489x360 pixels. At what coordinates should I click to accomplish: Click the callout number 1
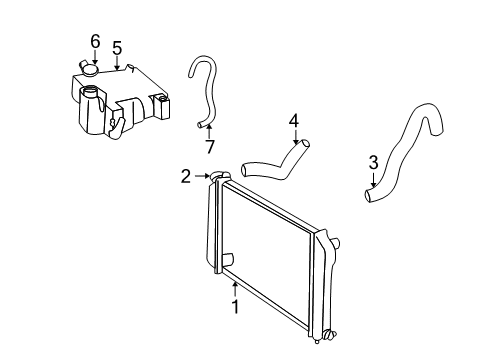[x=235, y=307]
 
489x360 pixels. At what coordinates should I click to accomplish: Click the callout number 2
[x=186, y=177]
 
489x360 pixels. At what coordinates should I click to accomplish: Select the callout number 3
[x=373, y=161]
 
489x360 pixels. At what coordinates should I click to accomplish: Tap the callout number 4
[x=294, y=121]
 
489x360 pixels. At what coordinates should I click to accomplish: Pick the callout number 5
[x=117, y=47]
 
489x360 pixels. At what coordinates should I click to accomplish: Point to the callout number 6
[x=95, y=40]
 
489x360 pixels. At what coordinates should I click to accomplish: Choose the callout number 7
[x=209, y=147]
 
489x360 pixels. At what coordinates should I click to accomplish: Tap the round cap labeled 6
[x=91, y=69]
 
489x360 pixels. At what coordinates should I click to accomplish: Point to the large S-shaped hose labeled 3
[x=410, y=150]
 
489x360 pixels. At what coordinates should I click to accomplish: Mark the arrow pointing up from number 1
[x=235, y=288]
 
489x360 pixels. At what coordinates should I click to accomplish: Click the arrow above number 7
[x=209, y=130]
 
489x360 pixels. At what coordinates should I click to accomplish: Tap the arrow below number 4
[x=295, y=138]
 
